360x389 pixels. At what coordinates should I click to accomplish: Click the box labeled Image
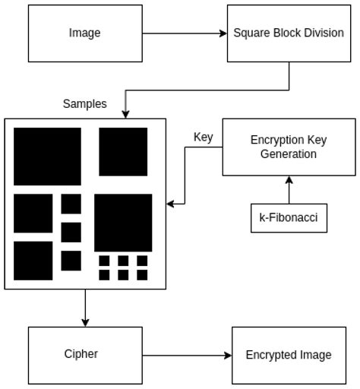click(x=85, y=33)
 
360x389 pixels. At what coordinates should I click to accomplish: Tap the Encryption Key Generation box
click(x=288, y=147)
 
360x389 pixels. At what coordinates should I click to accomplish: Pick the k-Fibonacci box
click(x=288, y=218)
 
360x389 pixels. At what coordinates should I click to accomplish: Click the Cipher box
click(x=85, y=354)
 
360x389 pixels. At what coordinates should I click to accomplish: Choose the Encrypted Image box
click(x=288, y=355)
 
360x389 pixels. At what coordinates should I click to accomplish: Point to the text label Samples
click(x=84, y=104)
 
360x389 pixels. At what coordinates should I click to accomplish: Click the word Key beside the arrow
click(x=203, y=138)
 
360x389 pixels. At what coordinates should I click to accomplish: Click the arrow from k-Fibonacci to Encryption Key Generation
click(x=288, y=190)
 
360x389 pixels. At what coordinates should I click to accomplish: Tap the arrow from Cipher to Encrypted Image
click(x=187, y=355)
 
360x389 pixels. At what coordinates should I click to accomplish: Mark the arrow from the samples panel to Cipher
click(x=85, y=308)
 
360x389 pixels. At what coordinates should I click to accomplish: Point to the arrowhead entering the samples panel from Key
click(x=171, y=204)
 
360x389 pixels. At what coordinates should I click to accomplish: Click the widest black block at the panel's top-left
click(x=47, y=157)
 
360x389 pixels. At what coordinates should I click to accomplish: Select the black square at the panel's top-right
click(x=123, y=152)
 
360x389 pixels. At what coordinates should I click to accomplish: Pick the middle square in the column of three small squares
click(x=71, y=232)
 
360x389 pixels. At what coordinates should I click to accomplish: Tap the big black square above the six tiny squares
click(x=123, y=223)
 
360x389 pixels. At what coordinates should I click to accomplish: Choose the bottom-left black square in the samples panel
click(x=33, y=261)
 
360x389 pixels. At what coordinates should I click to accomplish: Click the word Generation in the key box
click(x=288, y=154)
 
